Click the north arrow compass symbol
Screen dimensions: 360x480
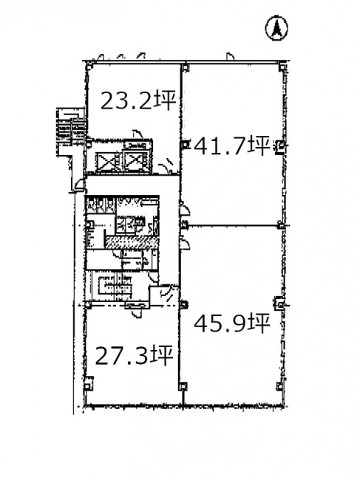(x=276, y=28)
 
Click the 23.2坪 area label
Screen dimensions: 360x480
(x=138, y=100)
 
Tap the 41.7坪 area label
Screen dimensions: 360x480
(x=232, y=145)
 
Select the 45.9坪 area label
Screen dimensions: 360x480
(x=232, y=323)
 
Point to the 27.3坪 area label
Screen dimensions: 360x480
(x=134, y=355)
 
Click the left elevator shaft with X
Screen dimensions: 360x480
(x=107, y=162)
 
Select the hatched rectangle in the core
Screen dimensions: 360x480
(x=132, y=242)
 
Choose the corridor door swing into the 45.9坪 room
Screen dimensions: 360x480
(x=185, y=244)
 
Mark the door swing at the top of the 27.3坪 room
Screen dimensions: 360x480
(x=137, y=313)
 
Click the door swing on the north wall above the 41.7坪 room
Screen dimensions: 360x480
(x=231, y=56)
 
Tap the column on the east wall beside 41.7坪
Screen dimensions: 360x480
(x=280, y=146)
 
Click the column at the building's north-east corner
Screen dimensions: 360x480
(x=282, y=67)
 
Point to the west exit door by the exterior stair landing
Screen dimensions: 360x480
(x=80, y=185)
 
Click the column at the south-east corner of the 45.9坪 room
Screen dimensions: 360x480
(x=279, y=386)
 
